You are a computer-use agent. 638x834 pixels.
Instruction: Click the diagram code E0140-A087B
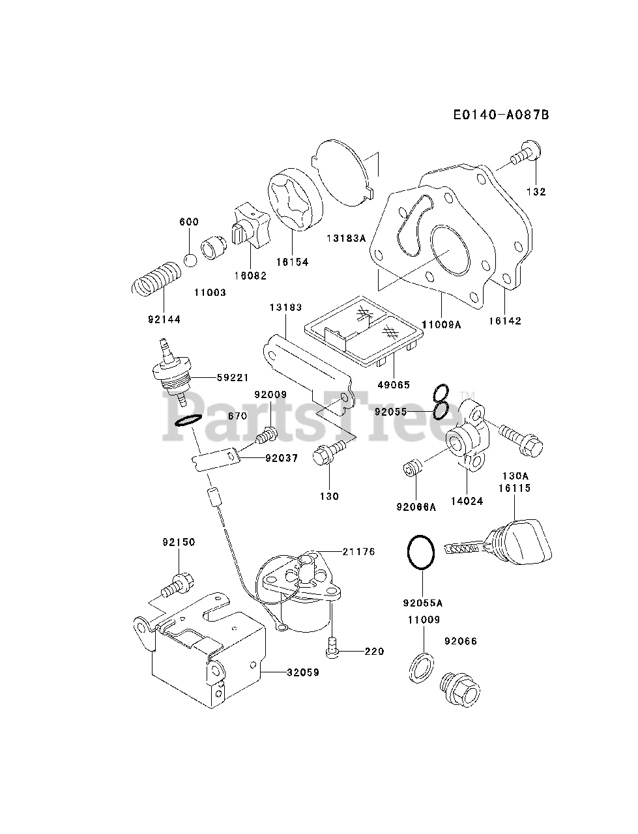tap(501, 115)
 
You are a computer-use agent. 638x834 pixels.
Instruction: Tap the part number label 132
tap(536, 192)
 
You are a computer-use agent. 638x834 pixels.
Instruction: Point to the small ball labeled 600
tap(190, 261)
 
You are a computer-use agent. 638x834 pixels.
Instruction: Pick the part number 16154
tap(293, 262)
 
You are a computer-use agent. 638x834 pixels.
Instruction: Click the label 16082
tap(250, 276)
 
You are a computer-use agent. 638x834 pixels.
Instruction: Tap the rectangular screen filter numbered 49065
tap(364, 331)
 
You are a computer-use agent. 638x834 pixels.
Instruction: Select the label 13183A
tap(346, 238)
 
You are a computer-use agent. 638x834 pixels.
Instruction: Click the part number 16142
tap(504, 321)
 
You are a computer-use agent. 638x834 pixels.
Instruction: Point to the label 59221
tap(233, 378)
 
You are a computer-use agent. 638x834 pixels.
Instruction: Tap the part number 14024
tap(467, 501)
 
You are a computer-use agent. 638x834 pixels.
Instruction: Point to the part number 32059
tap(303, 672)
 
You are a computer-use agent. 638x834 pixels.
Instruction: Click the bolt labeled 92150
tap(177, 586)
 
